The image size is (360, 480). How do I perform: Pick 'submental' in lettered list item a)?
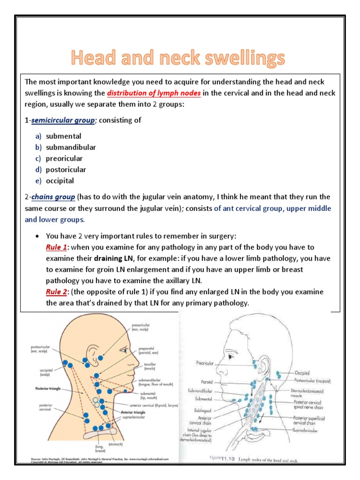63,136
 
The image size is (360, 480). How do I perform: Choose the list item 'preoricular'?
66,158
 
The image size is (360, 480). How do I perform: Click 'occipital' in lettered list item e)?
60,180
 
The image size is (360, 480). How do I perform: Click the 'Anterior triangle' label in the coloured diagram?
133,412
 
